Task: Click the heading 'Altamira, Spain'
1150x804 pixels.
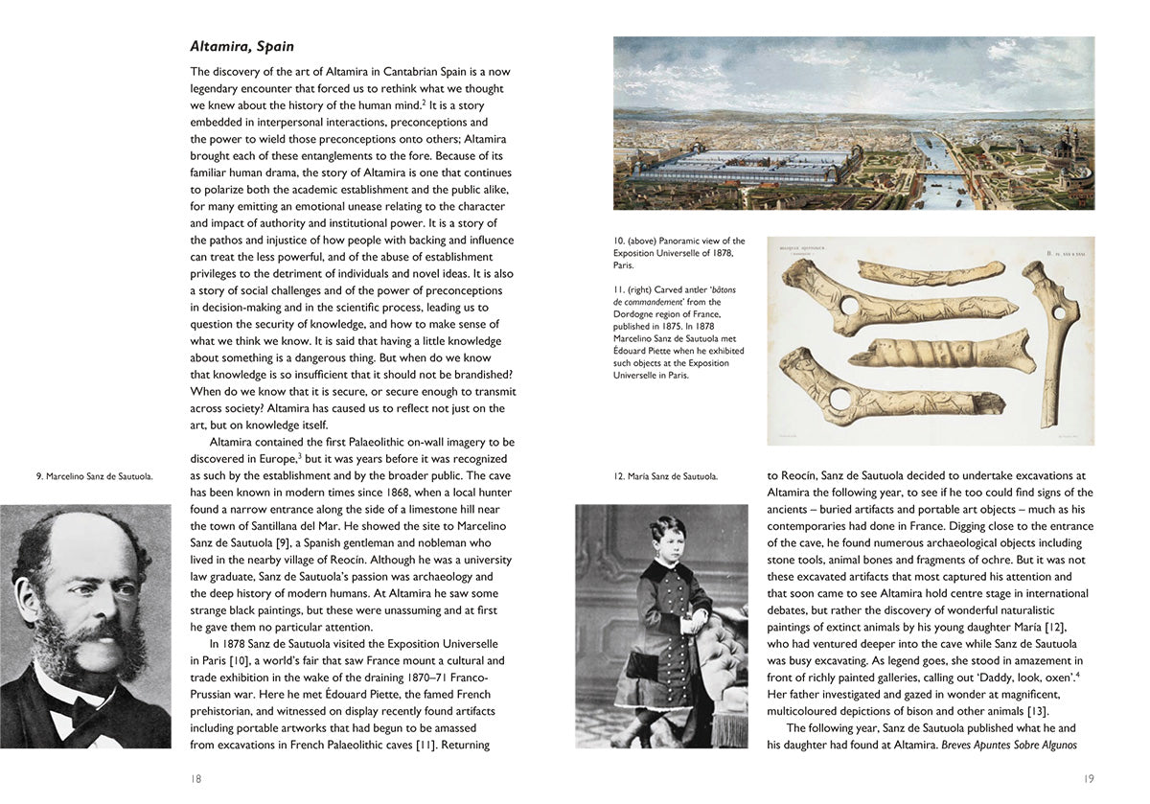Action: pos(241,46)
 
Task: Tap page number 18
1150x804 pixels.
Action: pos(195,779)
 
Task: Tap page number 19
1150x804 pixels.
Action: pos(1088,779)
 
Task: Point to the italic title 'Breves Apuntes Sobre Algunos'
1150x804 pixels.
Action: pos(1010,745)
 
